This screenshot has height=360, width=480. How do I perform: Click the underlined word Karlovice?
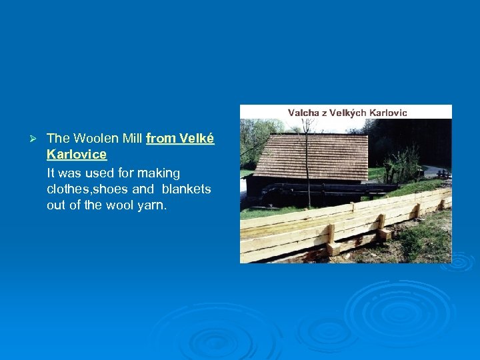(x=77, y=155)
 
